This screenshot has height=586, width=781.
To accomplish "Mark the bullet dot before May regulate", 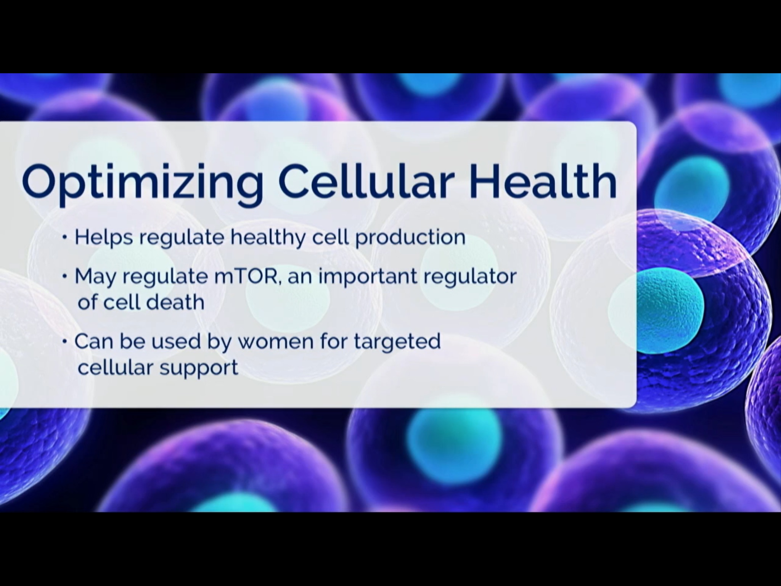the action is pyautogui.click(x=65, y=275).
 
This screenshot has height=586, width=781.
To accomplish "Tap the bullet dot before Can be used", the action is pyautogui.click(x=65, y=340).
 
